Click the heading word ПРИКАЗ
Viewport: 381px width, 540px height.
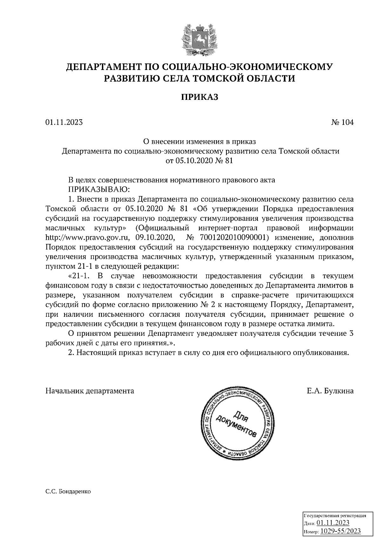[x=199, y=97]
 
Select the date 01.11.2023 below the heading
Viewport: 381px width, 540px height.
[x=64, y=122]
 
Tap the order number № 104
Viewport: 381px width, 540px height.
[x=342, y=122]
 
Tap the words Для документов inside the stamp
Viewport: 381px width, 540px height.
[x=237, y=421]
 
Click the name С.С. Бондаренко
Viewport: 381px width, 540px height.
[x=68, y=491]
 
